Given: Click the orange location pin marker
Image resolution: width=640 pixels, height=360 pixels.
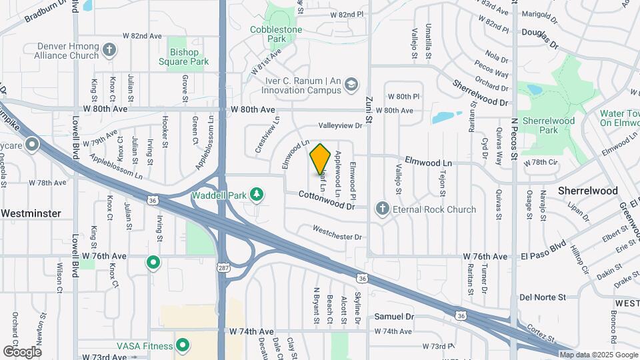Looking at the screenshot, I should pos(321,159).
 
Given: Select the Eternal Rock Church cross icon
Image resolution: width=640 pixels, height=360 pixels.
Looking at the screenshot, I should pos(383,209).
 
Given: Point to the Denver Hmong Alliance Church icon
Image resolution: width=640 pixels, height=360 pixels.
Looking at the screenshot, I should pos(109,51).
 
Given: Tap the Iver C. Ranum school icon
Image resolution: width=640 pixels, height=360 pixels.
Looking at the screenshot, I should pos(351,85).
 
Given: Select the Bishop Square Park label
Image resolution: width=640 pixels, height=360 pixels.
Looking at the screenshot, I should pos(184,57).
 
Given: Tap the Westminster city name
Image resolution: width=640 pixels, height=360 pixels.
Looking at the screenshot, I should pos(31,213).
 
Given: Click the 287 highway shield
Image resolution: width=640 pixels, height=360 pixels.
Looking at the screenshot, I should pos(223,267).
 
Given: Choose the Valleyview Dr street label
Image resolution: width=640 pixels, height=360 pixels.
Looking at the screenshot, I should pos(340,125).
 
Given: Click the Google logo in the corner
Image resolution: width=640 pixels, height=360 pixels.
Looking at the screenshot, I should pos(22,351).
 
